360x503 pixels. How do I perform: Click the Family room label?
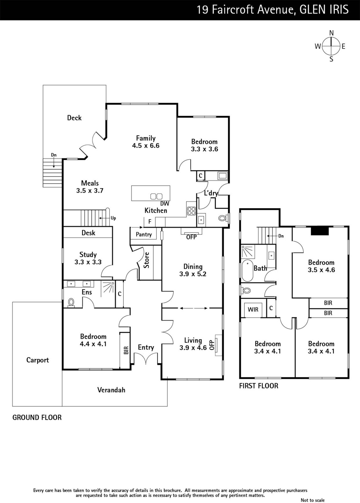(146, 138)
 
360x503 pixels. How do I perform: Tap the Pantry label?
(144, 235)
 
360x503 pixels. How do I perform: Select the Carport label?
(37, 360)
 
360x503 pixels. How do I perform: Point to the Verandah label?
(111, 390)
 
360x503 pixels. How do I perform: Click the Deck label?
(74, 118)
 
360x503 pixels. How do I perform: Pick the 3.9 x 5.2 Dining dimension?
(193, 274)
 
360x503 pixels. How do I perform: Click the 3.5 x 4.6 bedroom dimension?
(321, 270)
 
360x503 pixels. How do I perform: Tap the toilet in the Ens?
(71, 302)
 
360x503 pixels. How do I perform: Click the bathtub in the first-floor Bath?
(247, 271)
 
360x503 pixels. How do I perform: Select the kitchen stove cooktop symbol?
(191, 211)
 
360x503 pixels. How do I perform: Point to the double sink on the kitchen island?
(156, 196)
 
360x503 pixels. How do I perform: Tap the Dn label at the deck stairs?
(54, 155)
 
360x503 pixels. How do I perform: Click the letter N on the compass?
(331, 33)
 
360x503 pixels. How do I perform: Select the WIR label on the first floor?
(253, 310)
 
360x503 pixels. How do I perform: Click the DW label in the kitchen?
(165, 204)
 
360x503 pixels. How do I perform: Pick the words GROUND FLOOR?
(37, 418)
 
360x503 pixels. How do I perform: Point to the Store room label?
(146, 260)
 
